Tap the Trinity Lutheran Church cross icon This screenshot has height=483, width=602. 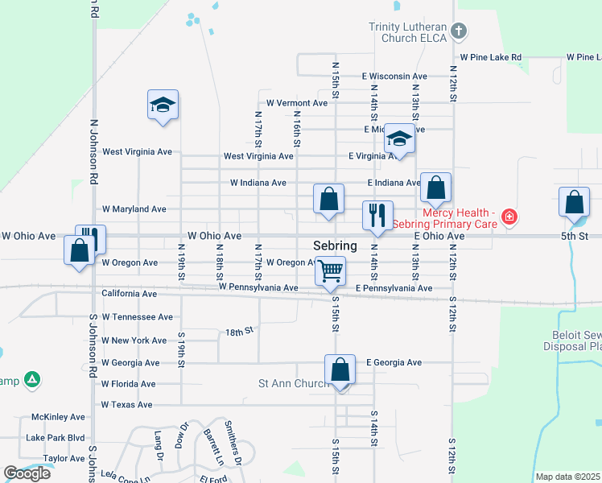(458, 31)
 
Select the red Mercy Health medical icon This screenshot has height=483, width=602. (509, 216)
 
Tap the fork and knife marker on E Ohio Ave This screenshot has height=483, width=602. (377, 215)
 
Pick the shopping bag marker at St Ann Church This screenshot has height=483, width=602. (340, 370)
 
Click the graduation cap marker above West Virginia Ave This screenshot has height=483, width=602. (163, 105)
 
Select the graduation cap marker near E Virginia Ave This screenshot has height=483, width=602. (399, 138)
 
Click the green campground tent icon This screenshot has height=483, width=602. (31, 379)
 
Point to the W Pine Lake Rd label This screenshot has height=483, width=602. (490, 58)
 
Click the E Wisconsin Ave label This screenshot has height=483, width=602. (394, 76)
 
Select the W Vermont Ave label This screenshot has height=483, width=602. (297, 103)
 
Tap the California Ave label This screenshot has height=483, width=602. (130, 294)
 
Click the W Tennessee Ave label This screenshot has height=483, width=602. (138, 317)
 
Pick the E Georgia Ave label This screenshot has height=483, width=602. (394, 363)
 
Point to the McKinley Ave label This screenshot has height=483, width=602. (58, 417)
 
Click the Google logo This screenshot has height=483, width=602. (27, 473)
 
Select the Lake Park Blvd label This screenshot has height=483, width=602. (55, 438)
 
